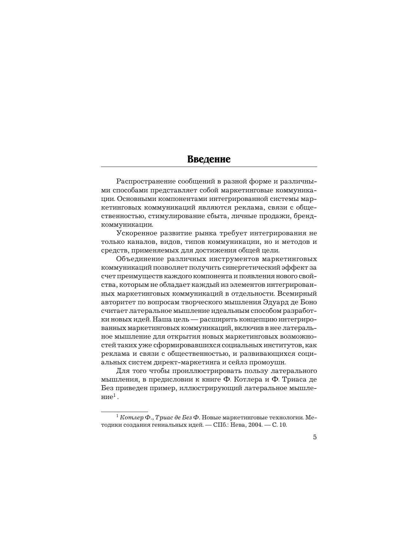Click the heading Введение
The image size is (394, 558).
209,159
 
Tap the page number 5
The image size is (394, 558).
315,437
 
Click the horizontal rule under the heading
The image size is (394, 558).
209,167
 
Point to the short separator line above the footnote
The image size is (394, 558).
125,412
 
